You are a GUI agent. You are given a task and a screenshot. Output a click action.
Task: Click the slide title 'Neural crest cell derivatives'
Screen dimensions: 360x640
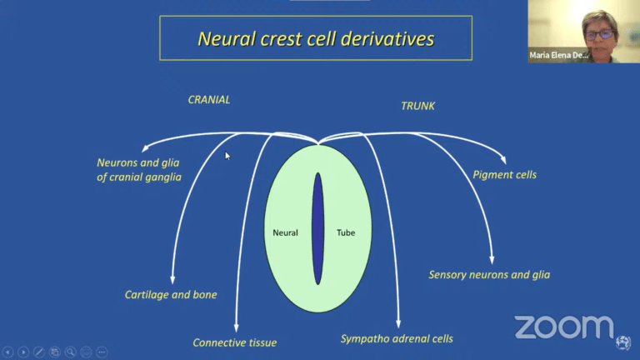coord(316,38)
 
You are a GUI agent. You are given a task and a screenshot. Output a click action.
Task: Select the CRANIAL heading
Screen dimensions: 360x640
coord(209,100)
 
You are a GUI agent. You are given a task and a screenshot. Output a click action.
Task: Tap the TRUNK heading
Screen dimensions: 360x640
coord(418,107)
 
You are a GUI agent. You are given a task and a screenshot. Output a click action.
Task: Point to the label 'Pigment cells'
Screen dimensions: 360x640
coord(504,175)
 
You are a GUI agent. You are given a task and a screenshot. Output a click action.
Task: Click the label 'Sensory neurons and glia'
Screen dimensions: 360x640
coord(489,275)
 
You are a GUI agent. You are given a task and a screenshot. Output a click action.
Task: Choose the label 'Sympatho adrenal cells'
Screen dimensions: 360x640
coord(397,338)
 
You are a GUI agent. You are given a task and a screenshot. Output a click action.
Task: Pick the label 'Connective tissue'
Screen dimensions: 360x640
coord(235,342)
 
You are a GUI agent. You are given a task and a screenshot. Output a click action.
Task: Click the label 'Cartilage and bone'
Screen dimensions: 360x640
coord(171,295)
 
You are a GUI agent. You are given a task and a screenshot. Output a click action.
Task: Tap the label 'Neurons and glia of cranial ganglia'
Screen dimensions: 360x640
coord(138,170)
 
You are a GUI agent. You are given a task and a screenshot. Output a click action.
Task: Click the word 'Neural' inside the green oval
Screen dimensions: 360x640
coord(285,232)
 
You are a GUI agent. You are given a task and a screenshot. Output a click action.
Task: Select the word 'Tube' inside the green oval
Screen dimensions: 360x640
coord(346,232)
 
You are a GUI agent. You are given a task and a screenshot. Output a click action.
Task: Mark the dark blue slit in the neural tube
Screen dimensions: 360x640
coord(317,228)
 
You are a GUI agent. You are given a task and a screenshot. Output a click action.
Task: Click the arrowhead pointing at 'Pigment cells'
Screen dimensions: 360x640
coord(502,160)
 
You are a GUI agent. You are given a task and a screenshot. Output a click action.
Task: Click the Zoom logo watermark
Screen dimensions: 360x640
coord(562,327)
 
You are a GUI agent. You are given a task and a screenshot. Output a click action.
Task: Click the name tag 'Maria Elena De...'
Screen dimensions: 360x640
coord(559,56)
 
